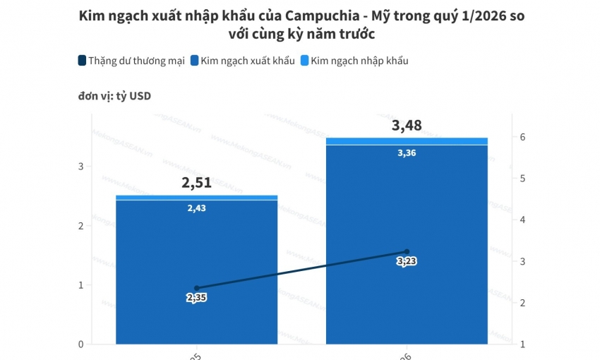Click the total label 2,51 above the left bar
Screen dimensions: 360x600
click(x=196, y=184)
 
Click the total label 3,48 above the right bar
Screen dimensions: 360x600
click(x=407, y=126)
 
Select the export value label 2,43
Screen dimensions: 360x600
click(x=198, y=208)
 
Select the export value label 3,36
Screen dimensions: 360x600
click(x=407, y=152)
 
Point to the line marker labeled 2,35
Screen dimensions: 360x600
click(x=197, y=288)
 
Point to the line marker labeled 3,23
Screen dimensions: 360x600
click(x=407, y=251)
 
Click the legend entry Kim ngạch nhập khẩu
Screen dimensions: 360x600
click(x=354, y=61)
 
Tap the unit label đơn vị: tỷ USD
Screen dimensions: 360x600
click(x=114, y=97)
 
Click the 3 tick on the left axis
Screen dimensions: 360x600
click(x=80, y=167)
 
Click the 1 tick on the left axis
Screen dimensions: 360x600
click(x=80, y=285)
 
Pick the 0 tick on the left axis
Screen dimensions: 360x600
click(x=80, y=344)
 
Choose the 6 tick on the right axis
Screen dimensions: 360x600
click(x=522, y=137)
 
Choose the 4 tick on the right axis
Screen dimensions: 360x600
click(x=522, y=220)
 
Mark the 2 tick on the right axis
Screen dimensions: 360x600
click(x=522, y=303)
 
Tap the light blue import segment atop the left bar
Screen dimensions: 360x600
click(x=196, y=198)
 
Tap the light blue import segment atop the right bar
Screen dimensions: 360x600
click(x=407, y=141)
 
